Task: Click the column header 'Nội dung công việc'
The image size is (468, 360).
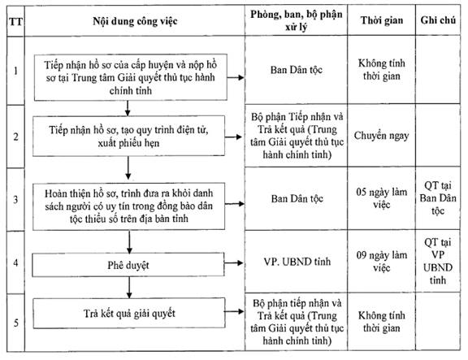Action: (x=135, y=21)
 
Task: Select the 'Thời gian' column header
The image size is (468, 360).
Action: (x=382, y=20)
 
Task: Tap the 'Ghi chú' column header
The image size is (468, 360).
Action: (x=438, y=20)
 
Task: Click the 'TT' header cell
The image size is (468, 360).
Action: (x=15, y=22)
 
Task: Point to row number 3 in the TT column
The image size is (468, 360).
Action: (x=15, y=199)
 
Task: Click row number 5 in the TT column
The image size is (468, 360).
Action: (x=15, y=323)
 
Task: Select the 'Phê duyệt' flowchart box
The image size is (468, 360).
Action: (x=128, y=265)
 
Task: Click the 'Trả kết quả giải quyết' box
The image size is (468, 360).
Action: (x=129, y=313)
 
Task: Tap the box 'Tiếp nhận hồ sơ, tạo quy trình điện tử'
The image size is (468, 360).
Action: (x=128, y=137)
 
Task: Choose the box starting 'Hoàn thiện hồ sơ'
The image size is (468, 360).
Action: (x=128, y=206)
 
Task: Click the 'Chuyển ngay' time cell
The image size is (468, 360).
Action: (x=381, y=136)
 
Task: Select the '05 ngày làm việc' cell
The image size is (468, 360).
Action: (x=381, y=198)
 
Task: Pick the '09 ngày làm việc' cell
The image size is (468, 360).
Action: (x=381, y=261)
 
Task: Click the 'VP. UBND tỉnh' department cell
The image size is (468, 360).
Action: (x=297, y=262)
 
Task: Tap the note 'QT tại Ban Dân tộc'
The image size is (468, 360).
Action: (x=438, y=198)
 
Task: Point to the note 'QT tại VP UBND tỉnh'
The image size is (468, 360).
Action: (x=438, y=261)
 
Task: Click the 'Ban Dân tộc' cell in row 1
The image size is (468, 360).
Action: (x=297, y=70)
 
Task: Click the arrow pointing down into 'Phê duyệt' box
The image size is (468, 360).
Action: (x=129, y=242)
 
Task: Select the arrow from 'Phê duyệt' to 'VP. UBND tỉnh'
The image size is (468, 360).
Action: (x=234, y=263)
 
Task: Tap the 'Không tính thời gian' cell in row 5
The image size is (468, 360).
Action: (x=381, y=322)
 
